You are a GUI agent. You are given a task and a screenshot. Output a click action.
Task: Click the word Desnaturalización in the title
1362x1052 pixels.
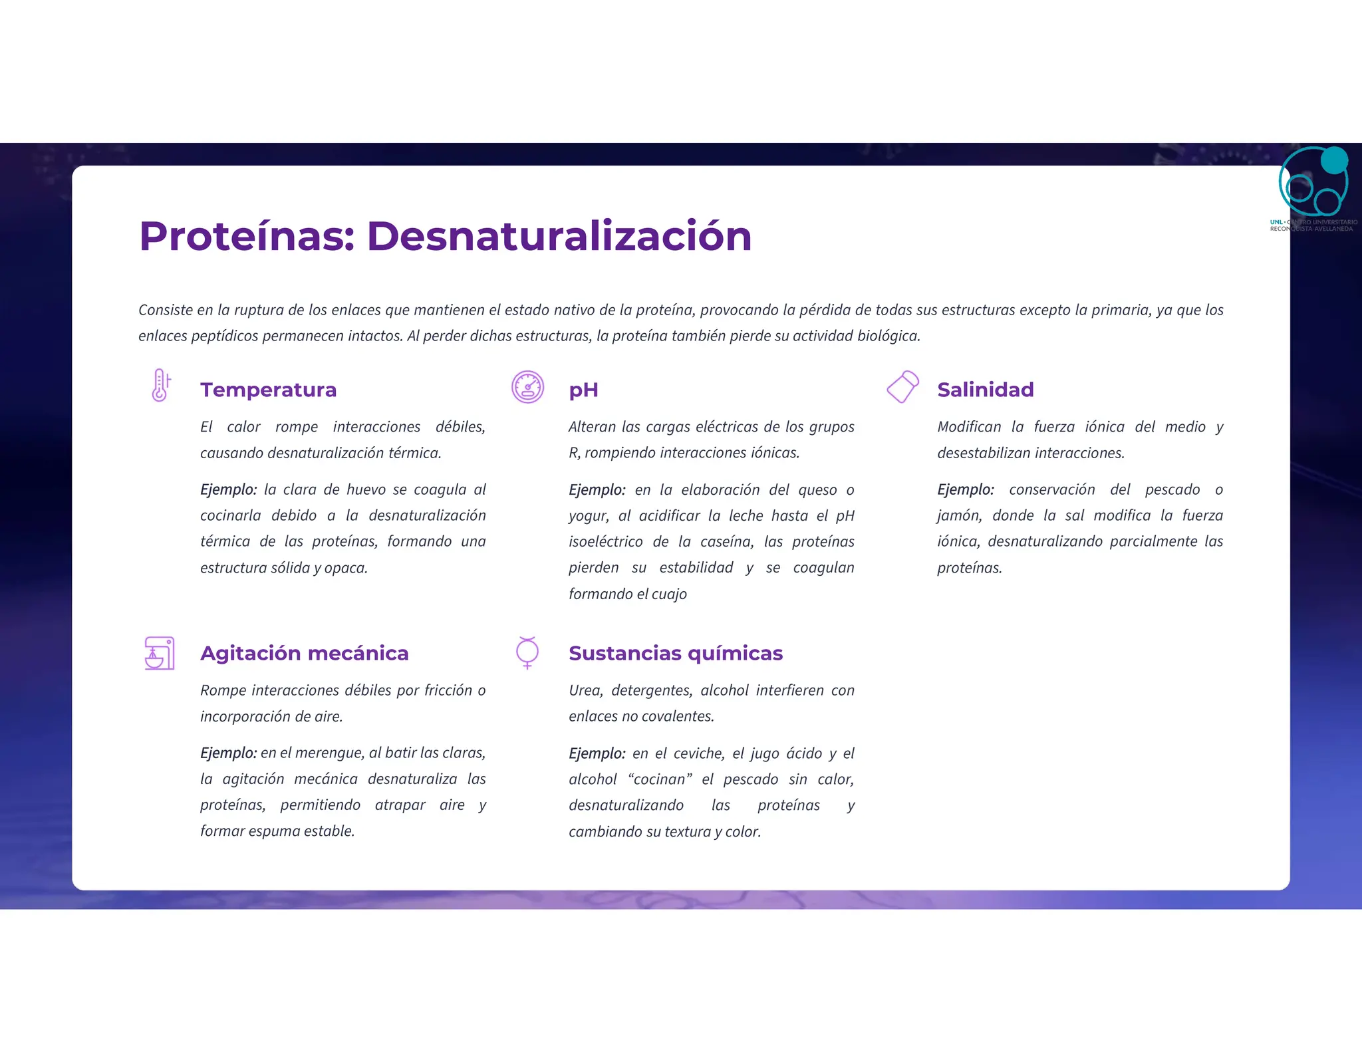coord(559,236)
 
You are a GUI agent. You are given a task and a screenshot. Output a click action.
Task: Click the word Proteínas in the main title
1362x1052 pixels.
coord(247,236)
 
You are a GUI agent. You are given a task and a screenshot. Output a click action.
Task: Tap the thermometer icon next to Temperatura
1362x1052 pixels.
coord(160,386)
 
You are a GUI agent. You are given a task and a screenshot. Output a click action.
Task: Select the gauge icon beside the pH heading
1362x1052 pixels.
coord(527,387)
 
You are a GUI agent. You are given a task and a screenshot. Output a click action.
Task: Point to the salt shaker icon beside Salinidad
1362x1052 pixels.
coord(902,386)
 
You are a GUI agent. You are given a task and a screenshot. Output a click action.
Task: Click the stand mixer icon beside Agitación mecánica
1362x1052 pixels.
coord(160,652)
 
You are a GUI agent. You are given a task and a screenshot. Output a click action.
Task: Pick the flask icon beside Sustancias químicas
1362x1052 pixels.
coord(527,652)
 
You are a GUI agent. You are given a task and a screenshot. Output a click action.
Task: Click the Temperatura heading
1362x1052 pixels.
coord(268,390)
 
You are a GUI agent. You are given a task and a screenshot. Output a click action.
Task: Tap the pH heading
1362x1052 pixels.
coord(583,390)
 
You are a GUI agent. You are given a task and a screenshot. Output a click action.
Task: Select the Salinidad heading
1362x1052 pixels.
coord(985,390)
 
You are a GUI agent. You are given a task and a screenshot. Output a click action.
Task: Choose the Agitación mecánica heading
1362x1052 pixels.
coord(304,653)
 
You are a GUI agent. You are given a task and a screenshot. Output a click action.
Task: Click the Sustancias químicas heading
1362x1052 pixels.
coord(675,653)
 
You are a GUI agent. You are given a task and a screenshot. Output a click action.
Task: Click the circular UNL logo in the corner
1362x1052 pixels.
coord(1313,181)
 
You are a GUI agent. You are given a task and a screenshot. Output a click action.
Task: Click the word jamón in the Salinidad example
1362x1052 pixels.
coord(958,516)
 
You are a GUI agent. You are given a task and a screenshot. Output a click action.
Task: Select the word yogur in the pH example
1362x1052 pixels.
coord(588,516)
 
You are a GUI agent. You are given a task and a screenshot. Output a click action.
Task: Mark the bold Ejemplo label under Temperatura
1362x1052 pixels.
coord(228,489)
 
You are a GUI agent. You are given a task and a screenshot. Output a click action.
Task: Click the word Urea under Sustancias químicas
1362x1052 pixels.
coord(585,690)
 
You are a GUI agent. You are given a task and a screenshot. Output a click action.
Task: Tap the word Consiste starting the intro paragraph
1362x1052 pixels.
coord(166,310)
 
